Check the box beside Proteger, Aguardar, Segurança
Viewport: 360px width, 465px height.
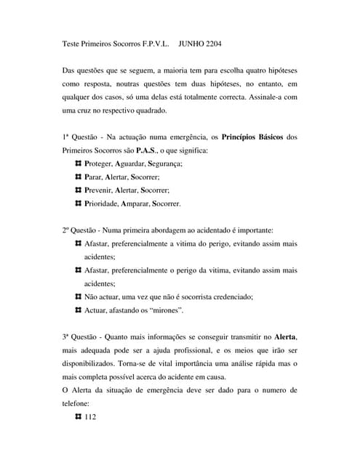(79, 163)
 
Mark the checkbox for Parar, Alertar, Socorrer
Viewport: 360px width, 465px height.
(79, 177)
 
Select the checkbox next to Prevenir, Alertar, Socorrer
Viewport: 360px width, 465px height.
(79, 190)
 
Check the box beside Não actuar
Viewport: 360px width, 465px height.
(79, 297)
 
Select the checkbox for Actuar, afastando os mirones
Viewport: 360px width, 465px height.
(79, 310)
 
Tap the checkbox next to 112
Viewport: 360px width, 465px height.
(79, 416)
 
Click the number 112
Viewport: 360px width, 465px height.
(91, 416)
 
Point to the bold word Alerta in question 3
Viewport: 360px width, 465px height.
(284, 336)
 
